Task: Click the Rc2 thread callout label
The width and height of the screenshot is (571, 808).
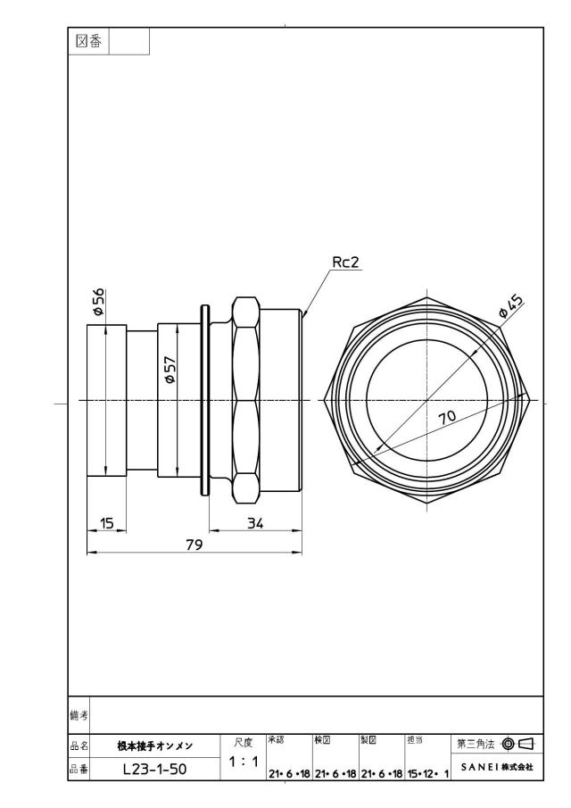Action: (x=345, y=262)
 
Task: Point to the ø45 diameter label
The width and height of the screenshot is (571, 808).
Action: (x=511, y=305)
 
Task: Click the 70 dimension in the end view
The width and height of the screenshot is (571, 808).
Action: (x=447, y=416)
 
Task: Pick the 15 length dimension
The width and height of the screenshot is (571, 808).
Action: (x=106, y=523)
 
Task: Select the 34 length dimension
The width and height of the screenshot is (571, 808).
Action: (x=255, y=523)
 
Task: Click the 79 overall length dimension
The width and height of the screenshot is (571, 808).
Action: (x=194, y=545)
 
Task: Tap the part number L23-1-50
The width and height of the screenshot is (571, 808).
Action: (x=155, y=770)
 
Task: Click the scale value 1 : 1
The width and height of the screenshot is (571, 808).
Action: (x=244, y=761)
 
